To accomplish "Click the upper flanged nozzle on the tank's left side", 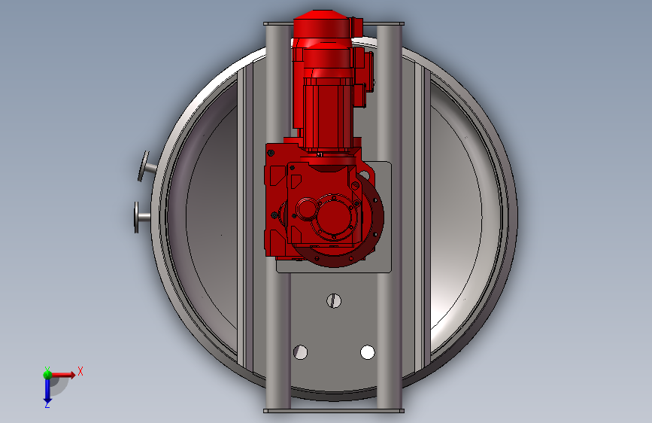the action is coord(147,166).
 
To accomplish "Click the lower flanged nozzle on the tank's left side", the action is coord(141,217).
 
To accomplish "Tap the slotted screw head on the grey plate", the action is coord(334,300).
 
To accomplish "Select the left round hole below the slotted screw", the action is coord(300,352).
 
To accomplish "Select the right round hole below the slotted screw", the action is coord(368,352).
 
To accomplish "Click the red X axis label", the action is coord(80,371).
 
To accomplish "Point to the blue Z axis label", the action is coord(47,404).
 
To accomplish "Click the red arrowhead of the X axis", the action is coord(72,375).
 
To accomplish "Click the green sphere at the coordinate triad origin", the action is coord(47,375).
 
